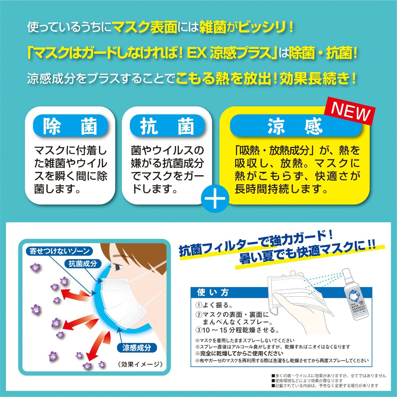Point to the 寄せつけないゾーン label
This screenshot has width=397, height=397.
coord(59,251)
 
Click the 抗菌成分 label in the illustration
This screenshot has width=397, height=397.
coord(83,264)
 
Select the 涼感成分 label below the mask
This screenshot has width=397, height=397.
coord(137,348)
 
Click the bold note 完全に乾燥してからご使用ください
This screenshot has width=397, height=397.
coord(239,353)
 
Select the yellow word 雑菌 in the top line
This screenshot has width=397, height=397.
coord(213,28)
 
